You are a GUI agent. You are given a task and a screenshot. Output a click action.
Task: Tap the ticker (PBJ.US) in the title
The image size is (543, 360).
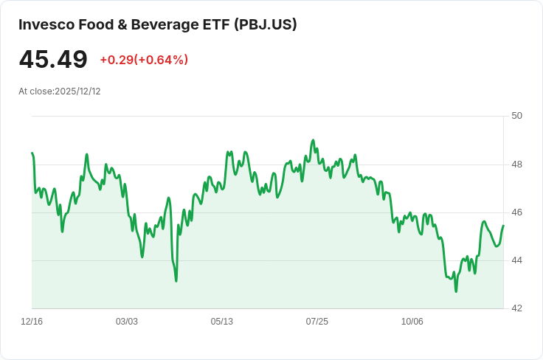pyautogui.click(x=266, y=24)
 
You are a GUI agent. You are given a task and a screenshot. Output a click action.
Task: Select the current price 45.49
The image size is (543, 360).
pyautogui.click(x=53, y=59)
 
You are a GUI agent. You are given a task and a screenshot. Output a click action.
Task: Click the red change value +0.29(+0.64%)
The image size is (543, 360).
pyautogui.click(x=144, y=60)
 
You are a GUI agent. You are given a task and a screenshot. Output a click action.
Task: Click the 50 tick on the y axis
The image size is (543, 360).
pyautogui.click(x=516, y=116)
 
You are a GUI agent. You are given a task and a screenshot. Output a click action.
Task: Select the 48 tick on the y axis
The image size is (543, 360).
pyautogui.click(x=516, y=164)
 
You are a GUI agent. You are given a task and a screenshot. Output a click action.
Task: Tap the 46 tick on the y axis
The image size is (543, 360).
pyautogui.click(x=516, y=212)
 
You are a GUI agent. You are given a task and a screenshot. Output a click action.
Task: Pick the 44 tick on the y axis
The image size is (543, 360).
pyautogui.click(x=516, y=260)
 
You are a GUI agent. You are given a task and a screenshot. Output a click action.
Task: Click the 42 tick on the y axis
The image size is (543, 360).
pyautogui.click(x=516, y=308)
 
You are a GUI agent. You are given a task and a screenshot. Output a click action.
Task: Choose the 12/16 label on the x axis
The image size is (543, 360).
pyautogui.click(x=32, y=322)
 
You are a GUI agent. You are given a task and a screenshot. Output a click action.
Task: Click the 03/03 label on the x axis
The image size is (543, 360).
pyautogui.click(x=127, y=322)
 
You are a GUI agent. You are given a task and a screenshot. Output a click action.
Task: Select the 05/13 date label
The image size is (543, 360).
pyautogui.click(x=222, y=322)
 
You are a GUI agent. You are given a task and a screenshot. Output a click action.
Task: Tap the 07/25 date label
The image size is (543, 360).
pyautogui.click(x=317, y=322)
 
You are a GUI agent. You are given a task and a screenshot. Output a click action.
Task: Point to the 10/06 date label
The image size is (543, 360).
pyautogui.click(x=412, y=322)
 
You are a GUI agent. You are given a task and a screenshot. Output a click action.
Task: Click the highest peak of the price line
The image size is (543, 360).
pyautogui.click(x=313, y=139)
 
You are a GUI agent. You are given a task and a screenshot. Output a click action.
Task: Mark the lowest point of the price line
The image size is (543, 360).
pyautogui.click(x=456, y=291)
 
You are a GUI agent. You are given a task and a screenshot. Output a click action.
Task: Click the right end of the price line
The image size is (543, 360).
pyautogui.click(x=503, y=226)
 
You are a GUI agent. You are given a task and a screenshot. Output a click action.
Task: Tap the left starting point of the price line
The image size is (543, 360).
pyautogui.click(x=32, y=153)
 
